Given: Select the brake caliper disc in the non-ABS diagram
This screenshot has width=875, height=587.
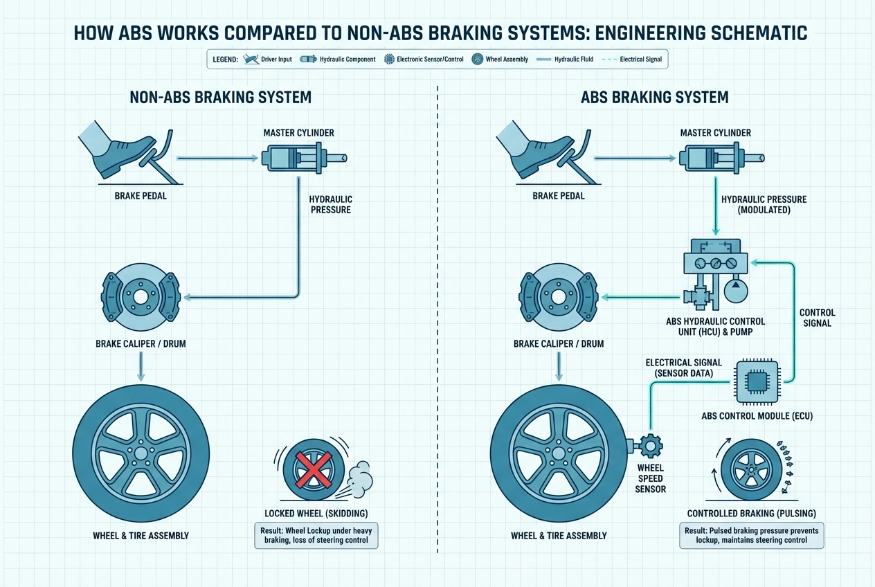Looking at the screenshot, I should point(141,298).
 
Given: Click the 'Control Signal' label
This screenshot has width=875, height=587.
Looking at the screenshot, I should point(817,318).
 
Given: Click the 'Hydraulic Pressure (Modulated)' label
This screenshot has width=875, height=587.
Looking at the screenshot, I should point(764,204).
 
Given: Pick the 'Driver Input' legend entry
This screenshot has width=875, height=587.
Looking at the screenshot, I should point(267,60).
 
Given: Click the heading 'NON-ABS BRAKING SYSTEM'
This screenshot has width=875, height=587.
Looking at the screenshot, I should point(220,98).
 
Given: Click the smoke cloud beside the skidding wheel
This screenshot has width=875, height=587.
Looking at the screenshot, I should point(358,478).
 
